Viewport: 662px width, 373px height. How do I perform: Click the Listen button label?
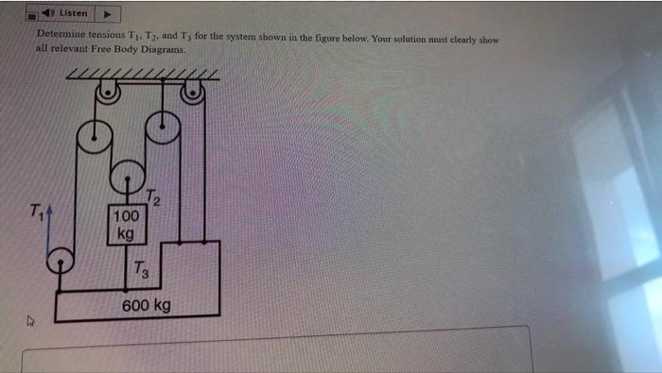(x=73, y=13)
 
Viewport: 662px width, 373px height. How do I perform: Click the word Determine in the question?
(x=62, y=36)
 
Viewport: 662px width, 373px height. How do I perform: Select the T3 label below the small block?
(x=140, y=271)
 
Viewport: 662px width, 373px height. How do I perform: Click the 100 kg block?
(x=125, y=224)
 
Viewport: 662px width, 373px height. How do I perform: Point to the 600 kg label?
(x=146, y=305)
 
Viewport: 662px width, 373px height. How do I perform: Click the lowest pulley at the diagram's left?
(x=60, y=261)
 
